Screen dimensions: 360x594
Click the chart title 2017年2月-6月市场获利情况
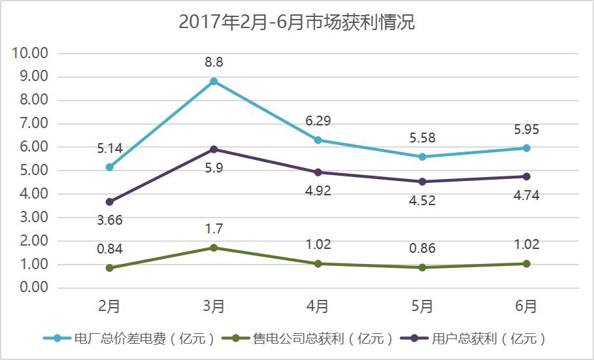[297, 23]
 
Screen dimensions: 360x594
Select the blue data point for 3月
[214, 82]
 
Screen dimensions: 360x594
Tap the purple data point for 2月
[110, 202]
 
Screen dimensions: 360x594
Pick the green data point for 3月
[214, 248]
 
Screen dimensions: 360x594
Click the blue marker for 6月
[527, 148]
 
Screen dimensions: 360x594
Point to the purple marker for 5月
[422, 182]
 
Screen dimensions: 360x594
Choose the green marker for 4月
[318, 264]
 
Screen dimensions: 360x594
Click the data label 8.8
[214, 63]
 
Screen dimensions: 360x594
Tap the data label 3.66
[110, 220]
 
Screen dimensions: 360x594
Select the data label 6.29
[318, 121]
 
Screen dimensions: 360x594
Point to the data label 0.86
[422, 248]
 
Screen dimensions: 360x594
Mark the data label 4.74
[527, 195]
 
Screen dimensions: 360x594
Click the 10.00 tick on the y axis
[31, 53]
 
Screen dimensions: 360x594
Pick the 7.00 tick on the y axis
[31, 123]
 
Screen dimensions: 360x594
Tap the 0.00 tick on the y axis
[31, 287]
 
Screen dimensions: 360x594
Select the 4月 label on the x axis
[318, 306]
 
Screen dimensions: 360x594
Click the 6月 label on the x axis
[527, 306]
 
